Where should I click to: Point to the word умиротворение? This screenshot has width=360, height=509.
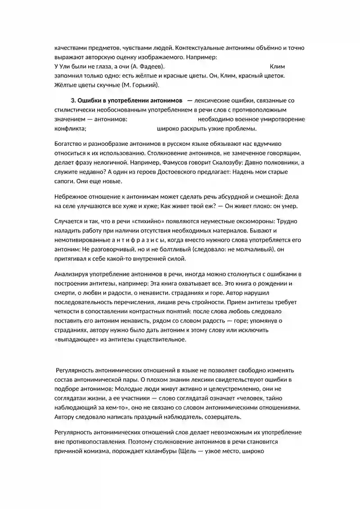point(280,119)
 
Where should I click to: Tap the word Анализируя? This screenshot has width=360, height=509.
point(72,275)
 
